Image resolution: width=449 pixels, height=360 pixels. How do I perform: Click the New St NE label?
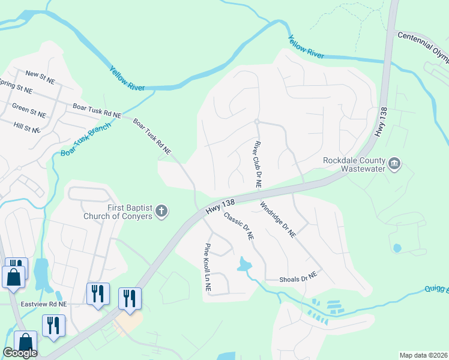tap(40, 74)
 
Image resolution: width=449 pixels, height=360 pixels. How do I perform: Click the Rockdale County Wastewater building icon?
tap(394, 163)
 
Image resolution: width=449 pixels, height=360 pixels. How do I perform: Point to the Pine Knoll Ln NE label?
tap(207, 267)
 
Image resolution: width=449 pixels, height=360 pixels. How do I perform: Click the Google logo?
tap(20, 353)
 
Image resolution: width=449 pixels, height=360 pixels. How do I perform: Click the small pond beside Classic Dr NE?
tap(244, 263)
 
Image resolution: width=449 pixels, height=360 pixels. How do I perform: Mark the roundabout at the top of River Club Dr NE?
tap(256, 122)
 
